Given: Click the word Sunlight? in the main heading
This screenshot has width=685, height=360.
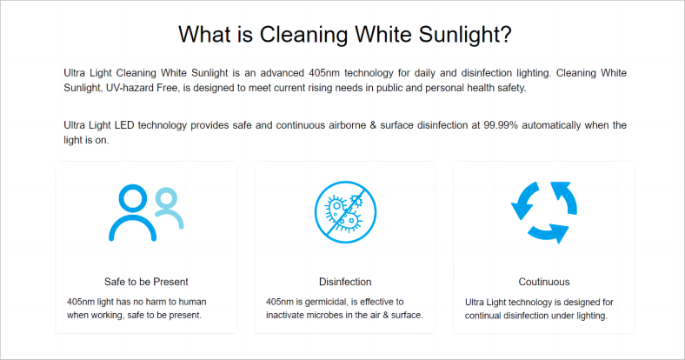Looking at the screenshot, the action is [x=465, y=35].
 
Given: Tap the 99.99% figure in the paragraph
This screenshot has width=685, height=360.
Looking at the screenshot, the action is [x=500, y=125].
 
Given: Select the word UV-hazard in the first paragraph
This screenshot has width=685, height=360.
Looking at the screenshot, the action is [x=130, y=88].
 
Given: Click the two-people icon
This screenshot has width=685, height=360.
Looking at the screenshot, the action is [x=146, y=213].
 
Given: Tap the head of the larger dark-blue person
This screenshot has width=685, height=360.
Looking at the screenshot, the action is [x=133, y=198].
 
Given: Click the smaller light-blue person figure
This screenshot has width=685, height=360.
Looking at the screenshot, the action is [x=168, y=208].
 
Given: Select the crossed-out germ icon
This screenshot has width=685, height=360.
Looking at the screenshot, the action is [x=345, y=212].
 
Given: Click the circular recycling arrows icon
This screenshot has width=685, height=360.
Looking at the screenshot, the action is [x=544, y=212].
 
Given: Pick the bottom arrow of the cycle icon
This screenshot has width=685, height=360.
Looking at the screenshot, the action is [x=549, y=233].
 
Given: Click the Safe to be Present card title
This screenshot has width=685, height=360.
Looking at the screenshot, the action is [x=146, y=282].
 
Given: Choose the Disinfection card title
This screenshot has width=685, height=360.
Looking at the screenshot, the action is [x=345, y=282].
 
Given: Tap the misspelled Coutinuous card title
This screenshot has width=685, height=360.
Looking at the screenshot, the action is [x=544, y=282].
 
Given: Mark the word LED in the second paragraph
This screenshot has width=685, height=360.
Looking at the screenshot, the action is [x=124, y=125].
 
